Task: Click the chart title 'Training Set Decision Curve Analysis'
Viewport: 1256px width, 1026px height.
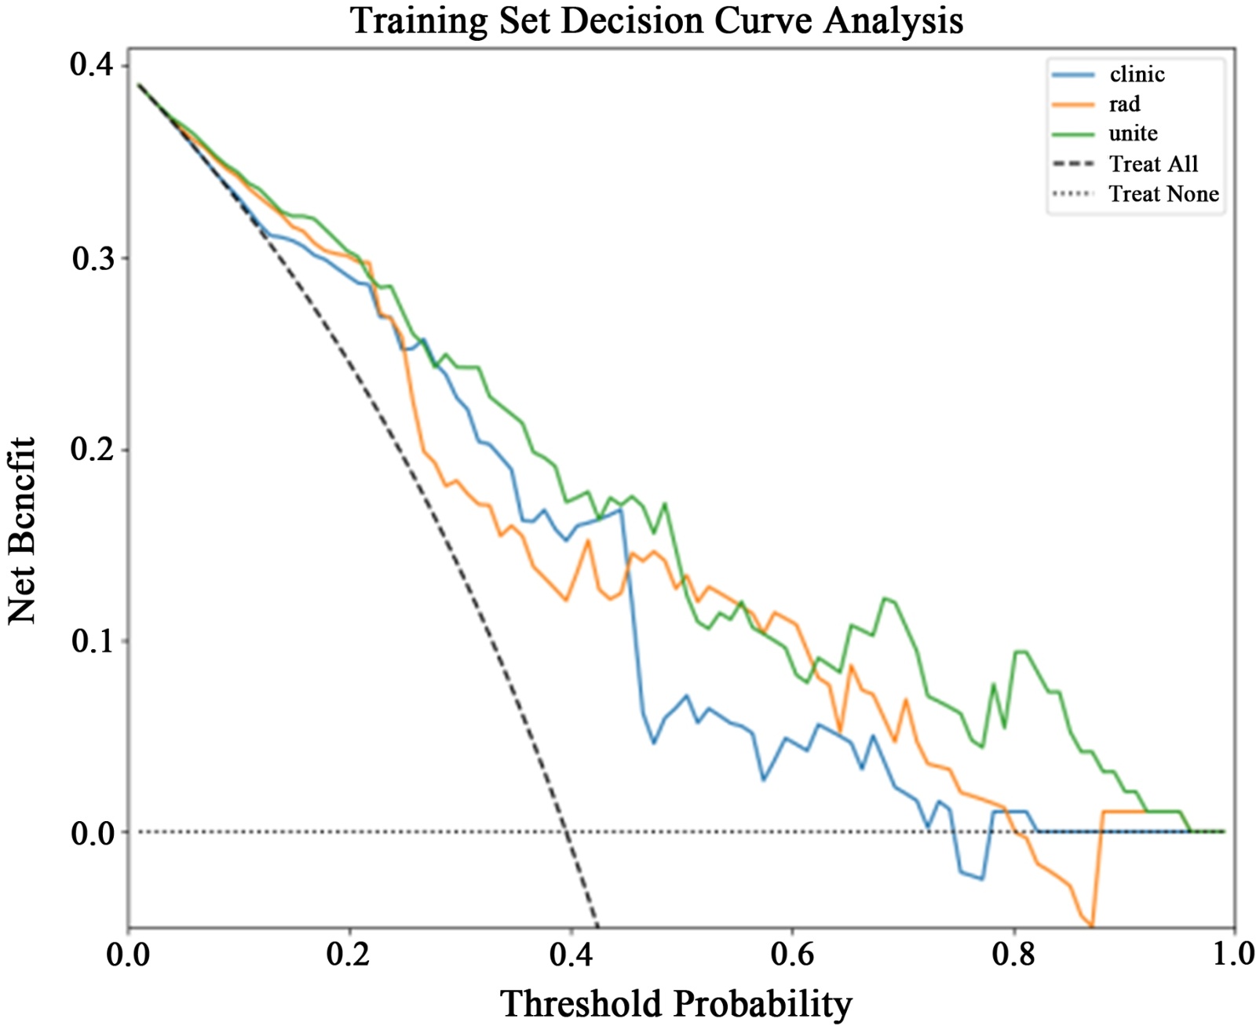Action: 656,20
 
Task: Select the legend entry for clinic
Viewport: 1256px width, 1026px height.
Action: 1137,75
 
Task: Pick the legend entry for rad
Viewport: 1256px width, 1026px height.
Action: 1124,104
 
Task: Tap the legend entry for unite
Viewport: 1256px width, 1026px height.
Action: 1133,134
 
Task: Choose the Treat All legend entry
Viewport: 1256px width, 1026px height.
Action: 1152,164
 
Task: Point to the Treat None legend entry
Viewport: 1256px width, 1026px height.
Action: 1163,194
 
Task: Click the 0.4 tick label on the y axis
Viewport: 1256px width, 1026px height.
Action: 91,66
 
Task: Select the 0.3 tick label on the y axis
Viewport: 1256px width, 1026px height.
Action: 91,259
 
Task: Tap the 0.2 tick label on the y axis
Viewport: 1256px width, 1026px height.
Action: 91,451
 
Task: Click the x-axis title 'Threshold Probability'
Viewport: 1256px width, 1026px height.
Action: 676,1003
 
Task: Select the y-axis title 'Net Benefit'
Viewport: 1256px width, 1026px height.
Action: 23,531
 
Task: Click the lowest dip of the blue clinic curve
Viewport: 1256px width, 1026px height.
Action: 982,879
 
